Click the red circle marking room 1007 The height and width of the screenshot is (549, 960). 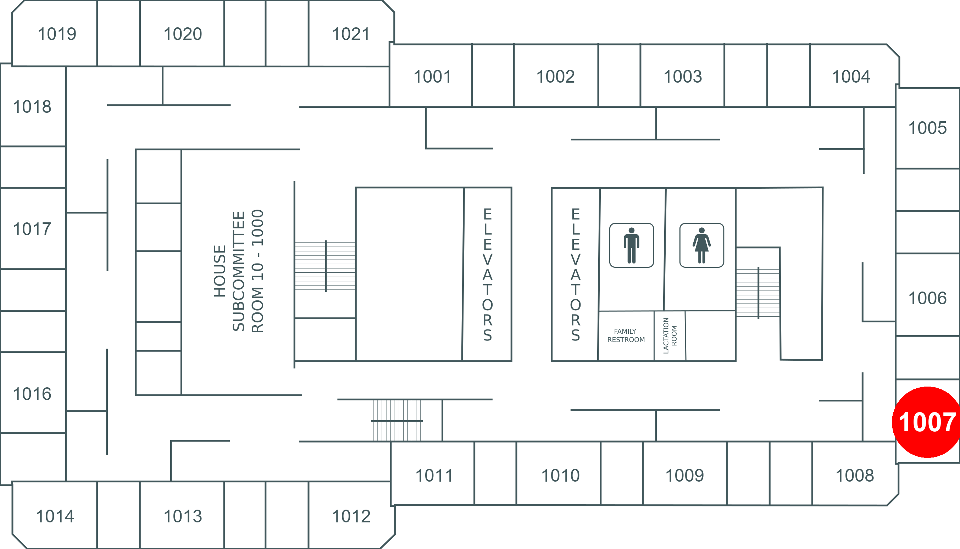927,422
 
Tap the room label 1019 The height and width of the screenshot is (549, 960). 57,34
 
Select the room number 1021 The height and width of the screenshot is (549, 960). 351,34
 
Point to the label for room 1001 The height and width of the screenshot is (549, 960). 433,77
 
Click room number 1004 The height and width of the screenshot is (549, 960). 851,77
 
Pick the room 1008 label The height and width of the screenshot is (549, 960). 855,475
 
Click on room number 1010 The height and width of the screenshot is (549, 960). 560,475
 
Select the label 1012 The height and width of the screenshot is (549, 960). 351,516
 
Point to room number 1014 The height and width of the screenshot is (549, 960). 55,516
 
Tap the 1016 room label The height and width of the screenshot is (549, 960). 32,394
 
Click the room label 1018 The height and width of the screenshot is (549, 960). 32,107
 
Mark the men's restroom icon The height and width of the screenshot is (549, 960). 632,245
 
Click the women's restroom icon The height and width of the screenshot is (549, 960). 701,245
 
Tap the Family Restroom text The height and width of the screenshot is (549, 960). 626,335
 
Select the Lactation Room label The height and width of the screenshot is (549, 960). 670,335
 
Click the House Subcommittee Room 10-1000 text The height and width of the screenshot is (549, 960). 239,271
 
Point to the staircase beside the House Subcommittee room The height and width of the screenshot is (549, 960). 325,266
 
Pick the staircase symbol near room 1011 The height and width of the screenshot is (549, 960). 397,420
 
